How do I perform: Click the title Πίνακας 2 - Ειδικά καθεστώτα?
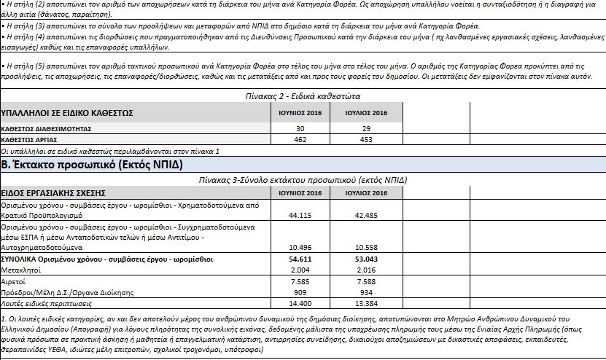(x=302, y=96)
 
